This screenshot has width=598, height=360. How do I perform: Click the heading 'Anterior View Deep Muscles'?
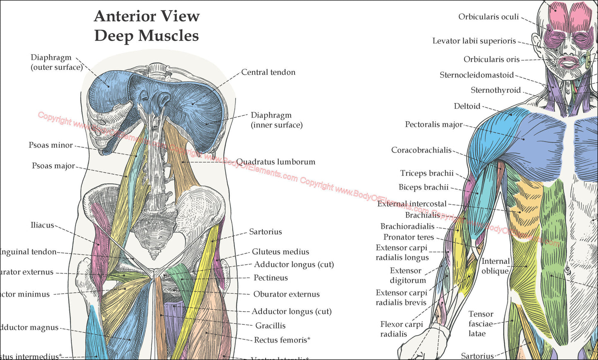[146, 26]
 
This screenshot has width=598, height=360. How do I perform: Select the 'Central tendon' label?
[268, 72]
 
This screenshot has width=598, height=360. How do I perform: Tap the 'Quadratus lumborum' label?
[276, 162]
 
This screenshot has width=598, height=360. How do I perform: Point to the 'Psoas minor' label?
[50, 145]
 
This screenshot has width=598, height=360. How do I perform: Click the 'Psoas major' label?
[53, 166]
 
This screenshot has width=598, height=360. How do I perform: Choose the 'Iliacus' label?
[42, 225]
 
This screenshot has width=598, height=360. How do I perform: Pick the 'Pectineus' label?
[271, 278]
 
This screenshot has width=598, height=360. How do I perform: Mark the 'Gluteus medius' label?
[281, 252]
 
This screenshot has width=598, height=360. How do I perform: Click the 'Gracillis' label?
[270, 326]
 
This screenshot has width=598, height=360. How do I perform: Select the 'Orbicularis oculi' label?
[488, 17]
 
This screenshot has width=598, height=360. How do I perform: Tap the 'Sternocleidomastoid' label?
[476, 75]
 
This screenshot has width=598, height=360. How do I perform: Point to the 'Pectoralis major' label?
[434, 124]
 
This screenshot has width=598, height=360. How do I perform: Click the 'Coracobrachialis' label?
[421, 150]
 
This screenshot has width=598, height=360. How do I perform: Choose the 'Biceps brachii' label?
[423, 187]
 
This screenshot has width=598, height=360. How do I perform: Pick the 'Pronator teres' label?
[408, 237]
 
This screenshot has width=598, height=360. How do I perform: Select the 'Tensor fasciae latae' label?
[480, 324]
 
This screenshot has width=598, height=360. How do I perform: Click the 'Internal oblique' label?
[495, 266]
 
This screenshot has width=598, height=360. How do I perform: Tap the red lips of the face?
[569, 62]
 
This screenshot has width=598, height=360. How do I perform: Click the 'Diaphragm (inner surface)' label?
[276, 120]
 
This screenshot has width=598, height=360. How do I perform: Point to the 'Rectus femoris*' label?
[282, 340]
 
